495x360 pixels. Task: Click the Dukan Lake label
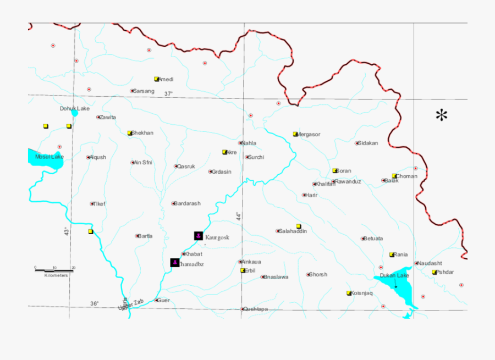click(x=394, y=275)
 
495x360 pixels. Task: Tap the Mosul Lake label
click(x=50, y=157)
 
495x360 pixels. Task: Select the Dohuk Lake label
click(x=74, y=108)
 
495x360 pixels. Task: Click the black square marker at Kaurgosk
click(x=198, y=236)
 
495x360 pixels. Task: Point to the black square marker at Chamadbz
click(x=174, y=263)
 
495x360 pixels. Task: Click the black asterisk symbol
click(x=442, y=116)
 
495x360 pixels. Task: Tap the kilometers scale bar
click(x=54, y=269)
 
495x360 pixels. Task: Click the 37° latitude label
click(x=168, y=94)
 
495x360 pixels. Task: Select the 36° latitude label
click(x=95, y=303)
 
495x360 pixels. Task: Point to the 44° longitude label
click(x=238, y=216)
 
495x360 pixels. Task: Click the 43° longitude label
click(x=66, y=231)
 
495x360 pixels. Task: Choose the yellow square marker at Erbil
click(x=243, y=270)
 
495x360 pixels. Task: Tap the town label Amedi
click(x=166, y=79)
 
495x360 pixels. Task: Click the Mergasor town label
click(x=309, y=134)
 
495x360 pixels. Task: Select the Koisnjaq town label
click(x=362, y=293)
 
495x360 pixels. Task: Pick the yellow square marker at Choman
click(x=394, y=176)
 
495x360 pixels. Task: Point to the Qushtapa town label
click(x=256, y=309)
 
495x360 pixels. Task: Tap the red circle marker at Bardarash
click(x=174, y=203)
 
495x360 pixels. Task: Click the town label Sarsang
click(x=144, y=91)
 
